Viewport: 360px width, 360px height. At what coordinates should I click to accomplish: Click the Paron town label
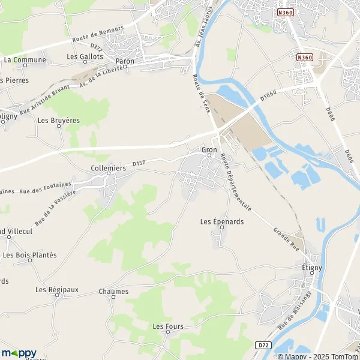(x=125, y=61)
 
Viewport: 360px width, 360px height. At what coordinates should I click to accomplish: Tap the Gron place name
(x=209, y=149)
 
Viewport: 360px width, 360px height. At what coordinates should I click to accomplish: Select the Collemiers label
(x=109, y=169)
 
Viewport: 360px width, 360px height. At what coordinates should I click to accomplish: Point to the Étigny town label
(x=312, y=269)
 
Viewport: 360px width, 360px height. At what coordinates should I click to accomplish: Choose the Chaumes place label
(x=113, y=292)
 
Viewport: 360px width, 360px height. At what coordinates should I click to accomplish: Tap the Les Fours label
(x=167, y=326)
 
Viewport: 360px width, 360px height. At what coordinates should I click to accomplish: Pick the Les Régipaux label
(x=57, y=290)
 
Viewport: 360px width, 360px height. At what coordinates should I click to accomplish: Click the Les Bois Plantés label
(x=30, y=255)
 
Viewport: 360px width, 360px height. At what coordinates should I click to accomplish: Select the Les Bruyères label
(x=59, y=120)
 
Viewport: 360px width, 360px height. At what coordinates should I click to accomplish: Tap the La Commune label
(x=25, y=60)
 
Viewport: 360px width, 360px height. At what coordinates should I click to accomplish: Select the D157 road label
(x=139, y=163)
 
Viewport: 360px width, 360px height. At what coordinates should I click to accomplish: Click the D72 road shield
(x=262, y=344)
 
